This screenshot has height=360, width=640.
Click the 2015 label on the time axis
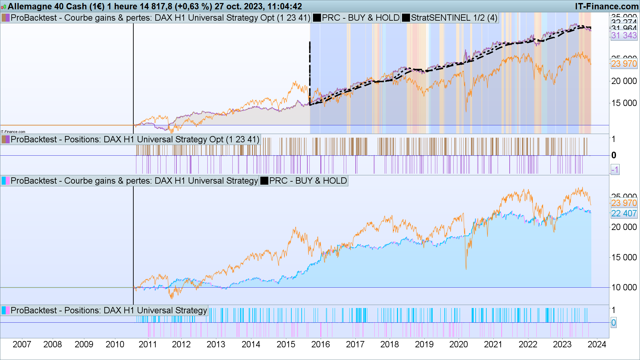point(286,344)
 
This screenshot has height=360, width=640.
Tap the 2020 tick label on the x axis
point(458,344)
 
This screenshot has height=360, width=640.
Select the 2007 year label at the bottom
point(22,344)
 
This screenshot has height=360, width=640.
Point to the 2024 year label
point(597,344)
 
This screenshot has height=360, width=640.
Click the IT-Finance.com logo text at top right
point(607,6)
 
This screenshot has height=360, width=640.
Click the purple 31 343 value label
point(624,35)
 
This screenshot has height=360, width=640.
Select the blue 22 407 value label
point(624,213)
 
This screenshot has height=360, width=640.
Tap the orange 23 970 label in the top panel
point(624,64)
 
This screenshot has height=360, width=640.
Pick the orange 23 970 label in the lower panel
point(624,203)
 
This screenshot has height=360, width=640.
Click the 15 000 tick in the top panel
point(624,103)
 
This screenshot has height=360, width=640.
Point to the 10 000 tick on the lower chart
point(624,287)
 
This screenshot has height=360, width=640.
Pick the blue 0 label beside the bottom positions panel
point(613,323)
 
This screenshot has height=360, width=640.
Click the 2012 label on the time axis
point(181,344)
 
